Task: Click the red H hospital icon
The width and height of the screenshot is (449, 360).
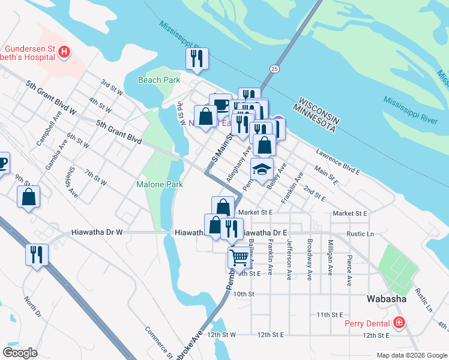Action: (x=64, y=53)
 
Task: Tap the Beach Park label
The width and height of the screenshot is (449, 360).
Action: (x=159, y=80)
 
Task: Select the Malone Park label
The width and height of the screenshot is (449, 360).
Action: (x=159, y=185)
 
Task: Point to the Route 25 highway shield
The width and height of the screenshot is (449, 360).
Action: (x=274, y=69)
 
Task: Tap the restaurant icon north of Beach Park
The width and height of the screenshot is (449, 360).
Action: (x=197, y=59)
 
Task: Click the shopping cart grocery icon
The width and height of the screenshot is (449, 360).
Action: (x=239, y=258)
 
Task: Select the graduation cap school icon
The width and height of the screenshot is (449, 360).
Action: (x=262, y=169)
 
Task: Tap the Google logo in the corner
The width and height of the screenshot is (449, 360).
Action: (x=20, y=353)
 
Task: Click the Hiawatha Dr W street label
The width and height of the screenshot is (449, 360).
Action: (x=97, y=232)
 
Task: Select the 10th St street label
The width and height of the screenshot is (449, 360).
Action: (x=244, y=294)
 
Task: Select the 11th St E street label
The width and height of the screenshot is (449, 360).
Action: (x=330, y=314)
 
